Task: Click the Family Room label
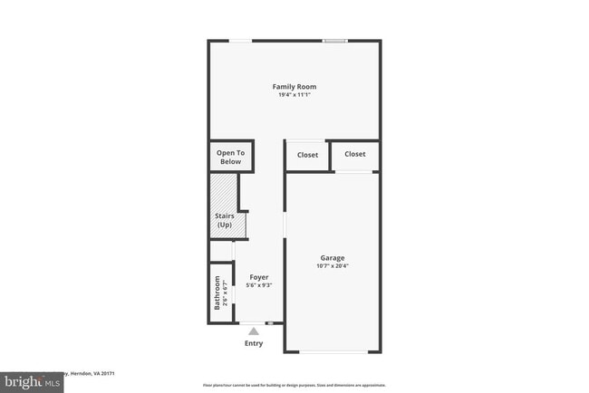point(294,87)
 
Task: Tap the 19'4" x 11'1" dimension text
point(294,95)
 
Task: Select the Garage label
point(332,258)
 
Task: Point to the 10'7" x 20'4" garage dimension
point(332,266)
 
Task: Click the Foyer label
point(258,277)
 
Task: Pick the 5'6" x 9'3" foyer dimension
point(258,285)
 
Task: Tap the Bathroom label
point(217,293)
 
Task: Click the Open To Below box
point(231,158)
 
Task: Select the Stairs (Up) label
point(225,220)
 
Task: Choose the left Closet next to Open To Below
point(307,155)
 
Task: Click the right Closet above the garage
point(355,154)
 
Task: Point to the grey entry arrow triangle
point(254,332)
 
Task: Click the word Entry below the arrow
point(254,344)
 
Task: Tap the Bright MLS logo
point(32,381)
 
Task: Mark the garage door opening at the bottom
point(333,352)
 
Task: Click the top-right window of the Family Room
point(335,41)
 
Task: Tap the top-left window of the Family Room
point(240,41)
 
